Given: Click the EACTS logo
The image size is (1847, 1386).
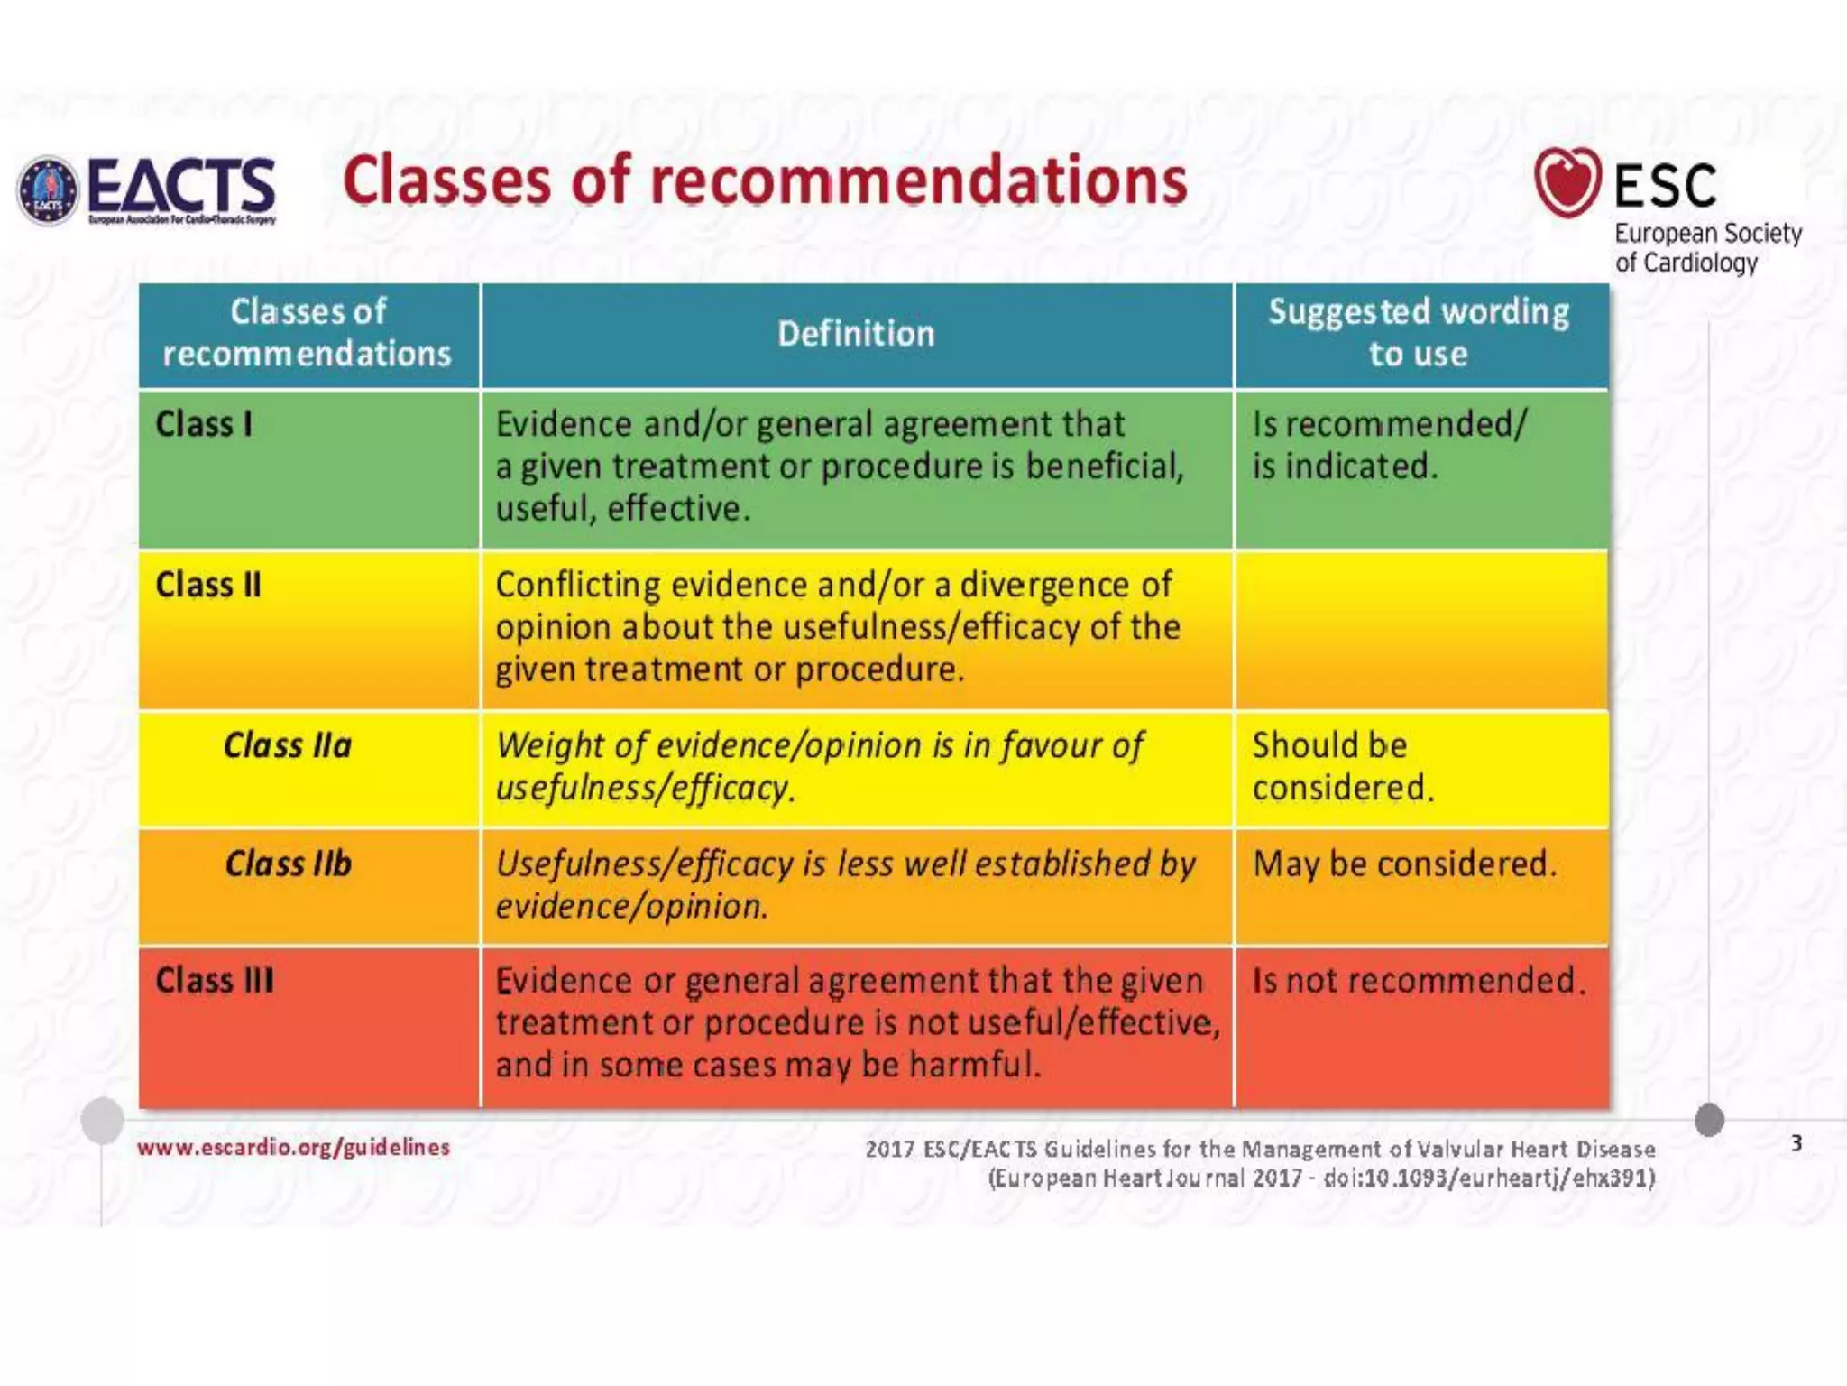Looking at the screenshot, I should [147, 190].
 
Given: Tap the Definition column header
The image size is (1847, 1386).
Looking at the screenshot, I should [856, 334].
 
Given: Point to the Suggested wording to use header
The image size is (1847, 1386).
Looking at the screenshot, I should [1419, 332].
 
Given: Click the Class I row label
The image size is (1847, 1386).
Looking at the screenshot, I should [204, 424].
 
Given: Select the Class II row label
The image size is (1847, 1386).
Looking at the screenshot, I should [208, 585].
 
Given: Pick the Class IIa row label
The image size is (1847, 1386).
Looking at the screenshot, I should [288, 745].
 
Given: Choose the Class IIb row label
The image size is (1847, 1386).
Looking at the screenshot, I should [289, 864].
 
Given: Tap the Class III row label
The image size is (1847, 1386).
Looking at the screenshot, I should [215, 980].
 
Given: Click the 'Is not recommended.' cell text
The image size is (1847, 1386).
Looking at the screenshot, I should [1418, 980].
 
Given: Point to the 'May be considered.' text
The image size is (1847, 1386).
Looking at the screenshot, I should [1404, 864].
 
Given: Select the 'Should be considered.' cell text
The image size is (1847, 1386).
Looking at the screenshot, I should [1342, 766].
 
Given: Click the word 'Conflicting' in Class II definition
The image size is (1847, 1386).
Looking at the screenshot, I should [578, 585].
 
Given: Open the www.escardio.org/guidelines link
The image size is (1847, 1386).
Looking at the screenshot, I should [293, 1147].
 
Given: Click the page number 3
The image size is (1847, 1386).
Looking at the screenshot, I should [1796, 1143].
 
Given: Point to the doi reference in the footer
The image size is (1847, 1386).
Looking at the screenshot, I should [1489, 1178].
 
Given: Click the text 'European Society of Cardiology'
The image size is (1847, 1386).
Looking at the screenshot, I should [1707, 247].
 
